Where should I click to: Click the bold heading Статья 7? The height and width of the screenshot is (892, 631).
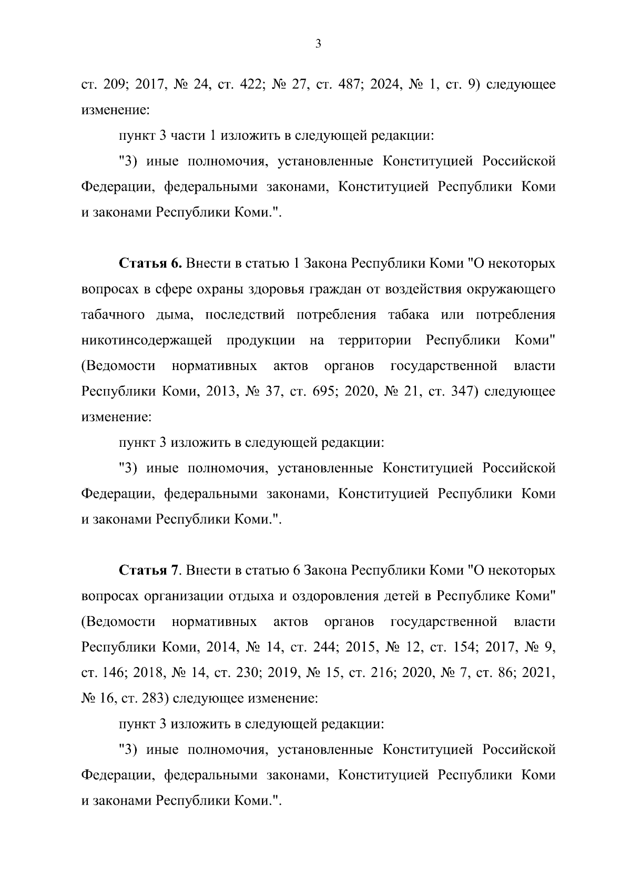[x=149, y=570]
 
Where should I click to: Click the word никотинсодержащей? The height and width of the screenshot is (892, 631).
[x=147, y=340]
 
